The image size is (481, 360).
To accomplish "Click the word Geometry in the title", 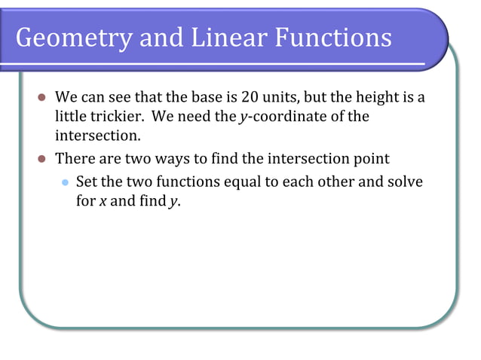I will [x=72, y=38].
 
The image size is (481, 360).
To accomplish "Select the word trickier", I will [x=113, y=117].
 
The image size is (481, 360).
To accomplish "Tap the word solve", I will [x=406, y=182].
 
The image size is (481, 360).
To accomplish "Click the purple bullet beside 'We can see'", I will [x=42, y=99].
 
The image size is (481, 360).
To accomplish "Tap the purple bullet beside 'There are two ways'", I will [x=42, y=160].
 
